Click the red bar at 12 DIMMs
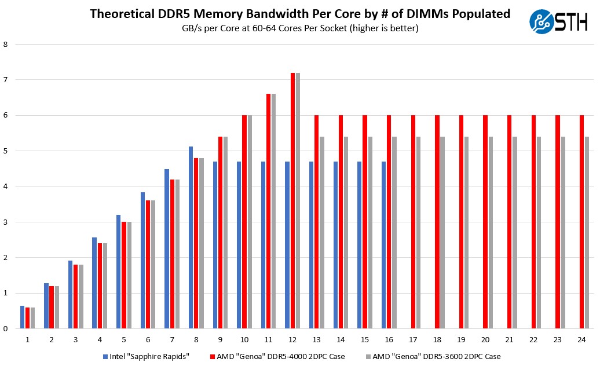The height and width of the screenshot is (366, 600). coord(292,200)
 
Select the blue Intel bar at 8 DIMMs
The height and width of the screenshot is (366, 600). coord(191,237)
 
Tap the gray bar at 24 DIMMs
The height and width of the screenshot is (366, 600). coord(587,232)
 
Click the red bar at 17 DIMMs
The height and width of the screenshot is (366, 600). coord(413,222)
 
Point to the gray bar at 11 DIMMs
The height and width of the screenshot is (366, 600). coord(273,211)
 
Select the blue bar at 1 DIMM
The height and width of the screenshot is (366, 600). coord(22,317)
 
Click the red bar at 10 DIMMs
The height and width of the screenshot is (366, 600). coord(244,222)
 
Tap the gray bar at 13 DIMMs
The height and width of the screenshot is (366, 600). coord(321,232)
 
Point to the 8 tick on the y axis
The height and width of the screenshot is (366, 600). coord(5,44)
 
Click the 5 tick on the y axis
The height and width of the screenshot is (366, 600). coord(5,151)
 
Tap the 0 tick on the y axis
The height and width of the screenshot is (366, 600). coord(5,328)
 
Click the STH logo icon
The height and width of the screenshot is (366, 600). coord(543,21)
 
